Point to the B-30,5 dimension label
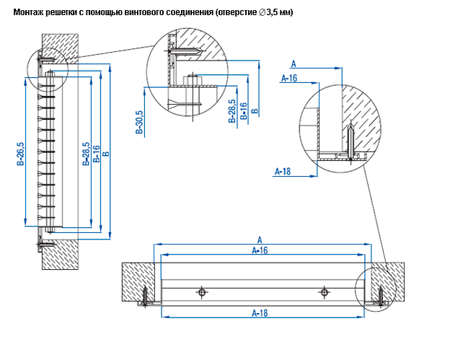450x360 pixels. (x=140, y=122)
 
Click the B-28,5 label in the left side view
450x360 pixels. (x=86, y=155)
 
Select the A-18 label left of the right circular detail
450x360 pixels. (x=283, y=171)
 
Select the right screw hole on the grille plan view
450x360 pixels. (x=325, y=292)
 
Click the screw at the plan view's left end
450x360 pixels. (x=146, y=296)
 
